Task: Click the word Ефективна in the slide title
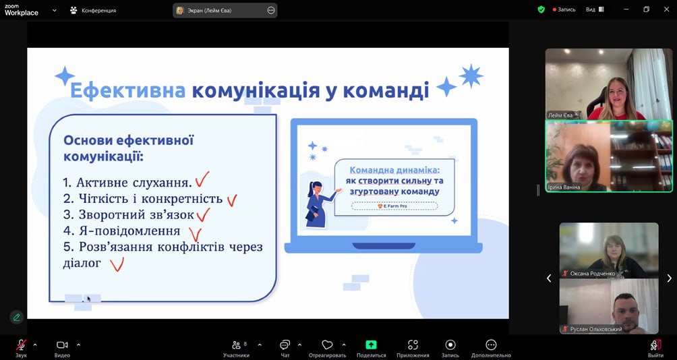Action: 128,90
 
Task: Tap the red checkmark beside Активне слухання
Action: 202,179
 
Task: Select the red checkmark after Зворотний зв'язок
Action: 203,214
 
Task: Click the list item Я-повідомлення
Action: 121,231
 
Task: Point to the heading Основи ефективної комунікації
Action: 128,148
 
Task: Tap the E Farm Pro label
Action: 394,206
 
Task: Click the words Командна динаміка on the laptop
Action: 394,170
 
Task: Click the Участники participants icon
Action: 236,345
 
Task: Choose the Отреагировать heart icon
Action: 327,345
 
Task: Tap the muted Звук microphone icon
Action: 21,344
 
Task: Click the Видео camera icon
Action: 62,345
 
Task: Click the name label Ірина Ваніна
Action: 564,187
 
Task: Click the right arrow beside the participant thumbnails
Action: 669,278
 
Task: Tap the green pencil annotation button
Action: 16,318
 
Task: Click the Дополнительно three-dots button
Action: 491,345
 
